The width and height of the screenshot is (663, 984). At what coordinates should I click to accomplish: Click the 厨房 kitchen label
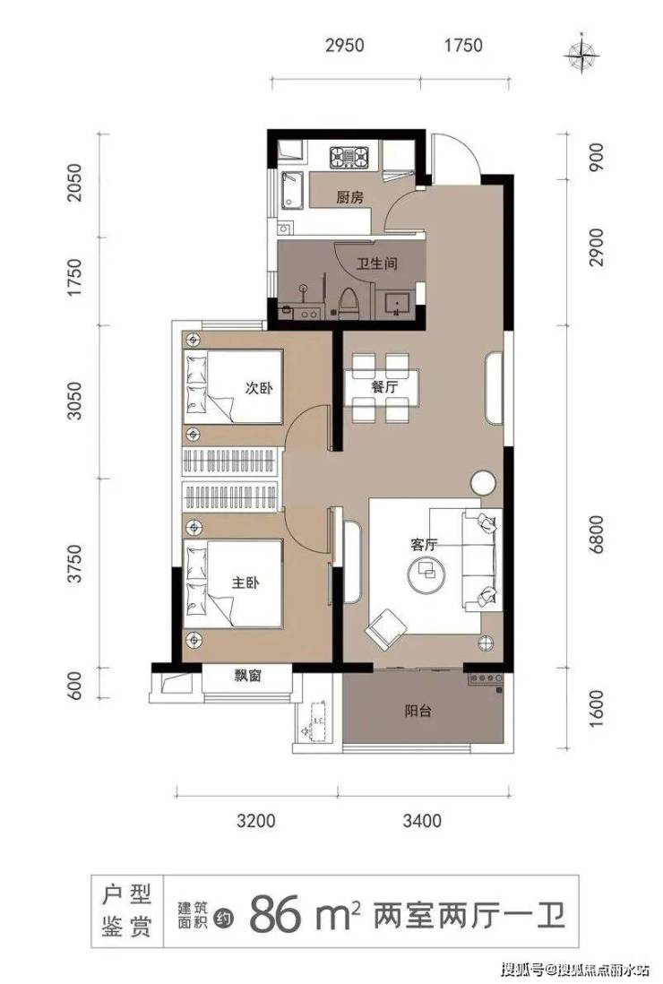(x=349, y=198)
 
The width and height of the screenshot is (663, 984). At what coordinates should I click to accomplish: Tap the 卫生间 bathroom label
(x=377, y=263)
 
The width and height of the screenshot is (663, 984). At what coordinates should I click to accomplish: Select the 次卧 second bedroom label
(x=259, y=388)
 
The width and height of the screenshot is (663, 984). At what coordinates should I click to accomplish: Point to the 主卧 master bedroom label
(x=245, y=583)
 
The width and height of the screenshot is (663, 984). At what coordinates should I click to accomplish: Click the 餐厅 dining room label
(x=383, y=386)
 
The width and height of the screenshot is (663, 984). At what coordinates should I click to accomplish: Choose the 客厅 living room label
(x=425, y=545)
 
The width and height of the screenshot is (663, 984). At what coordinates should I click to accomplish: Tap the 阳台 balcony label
(x=418, y=711)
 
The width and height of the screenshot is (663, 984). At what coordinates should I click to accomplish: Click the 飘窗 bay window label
(x=248, y=676)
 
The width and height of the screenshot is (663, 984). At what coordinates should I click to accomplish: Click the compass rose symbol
(x=581, y=56)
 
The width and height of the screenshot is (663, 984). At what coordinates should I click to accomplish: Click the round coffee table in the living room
(x=427, y=574)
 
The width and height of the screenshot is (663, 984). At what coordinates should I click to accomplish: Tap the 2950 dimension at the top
(x=345, y=45)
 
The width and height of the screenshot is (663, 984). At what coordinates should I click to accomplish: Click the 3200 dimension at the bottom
(x=256, y=820)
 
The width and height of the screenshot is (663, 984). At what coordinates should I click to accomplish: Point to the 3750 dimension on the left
(x=74, y=564)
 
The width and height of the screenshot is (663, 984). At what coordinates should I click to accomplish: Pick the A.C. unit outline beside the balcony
(x=316, y=721)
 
